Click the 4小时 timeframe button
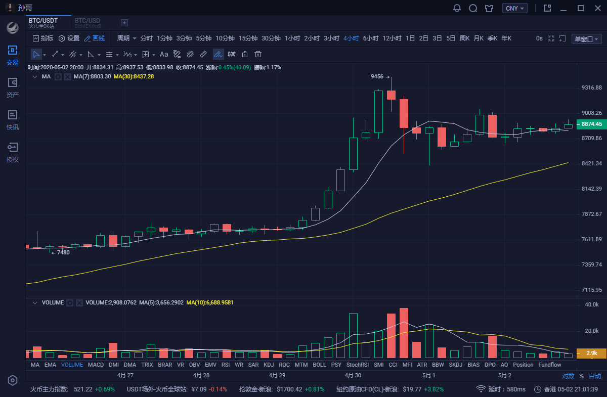(351, 38)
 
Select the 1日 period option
(410, 38)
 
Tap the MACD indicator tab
(96, 365)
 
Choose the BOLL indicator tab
(319, 365)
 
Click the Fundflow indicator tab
(549, 365)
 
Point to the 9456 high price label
(377, 77)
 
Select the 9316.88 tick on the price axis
(591, 88)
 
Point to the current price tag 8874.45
(591, 124)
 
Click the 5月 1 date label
(428, 375)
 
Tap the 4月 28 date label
(201, 375)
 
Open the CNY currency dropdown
(515, 8)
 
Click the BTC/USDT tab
(43, 21)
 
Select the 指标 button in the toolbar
(43, 38)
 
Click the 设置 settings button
(69, 38)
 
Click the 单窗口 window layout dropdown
(586, 39)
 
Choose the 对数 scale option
(568, 376)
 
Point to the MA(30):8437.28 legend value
(134, 77)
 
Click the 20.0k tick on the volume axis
(591, 331)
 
